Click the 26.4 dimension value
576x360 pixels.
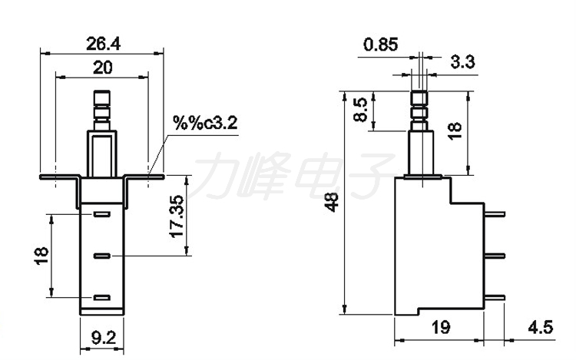coord(103,44)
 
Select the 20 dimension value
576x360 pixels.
coord(102,68)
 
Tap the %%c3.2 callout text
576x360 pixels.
coord(205,123)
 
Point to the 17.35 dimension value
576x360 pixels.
coord(177,216)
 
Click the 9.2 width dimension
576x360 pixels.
coord(104,338)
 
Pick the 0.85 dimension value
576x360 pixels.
coord(381,45)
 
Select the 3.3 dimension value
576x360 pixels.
coord(463,62)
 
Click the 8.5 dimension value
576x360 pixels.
coord(361,109)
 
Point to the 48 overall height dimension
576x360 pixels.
coord(332,202)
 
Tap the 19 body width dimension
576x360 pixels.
coord(440,327)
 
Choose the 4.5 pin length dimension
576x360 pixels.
coord(541,327)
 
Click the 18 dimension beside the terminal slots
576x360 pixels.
coord(41,256)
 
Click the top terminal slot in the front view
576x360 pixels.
coord(101,214)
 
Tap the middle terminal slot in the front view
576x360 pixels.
coord(101,256)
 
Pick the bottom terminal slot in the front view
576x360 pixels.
coord(101,298)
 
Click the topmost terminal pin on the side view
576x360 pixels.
coord(495,214)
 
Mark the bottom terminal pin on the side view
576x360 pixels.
coord(495,298)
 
